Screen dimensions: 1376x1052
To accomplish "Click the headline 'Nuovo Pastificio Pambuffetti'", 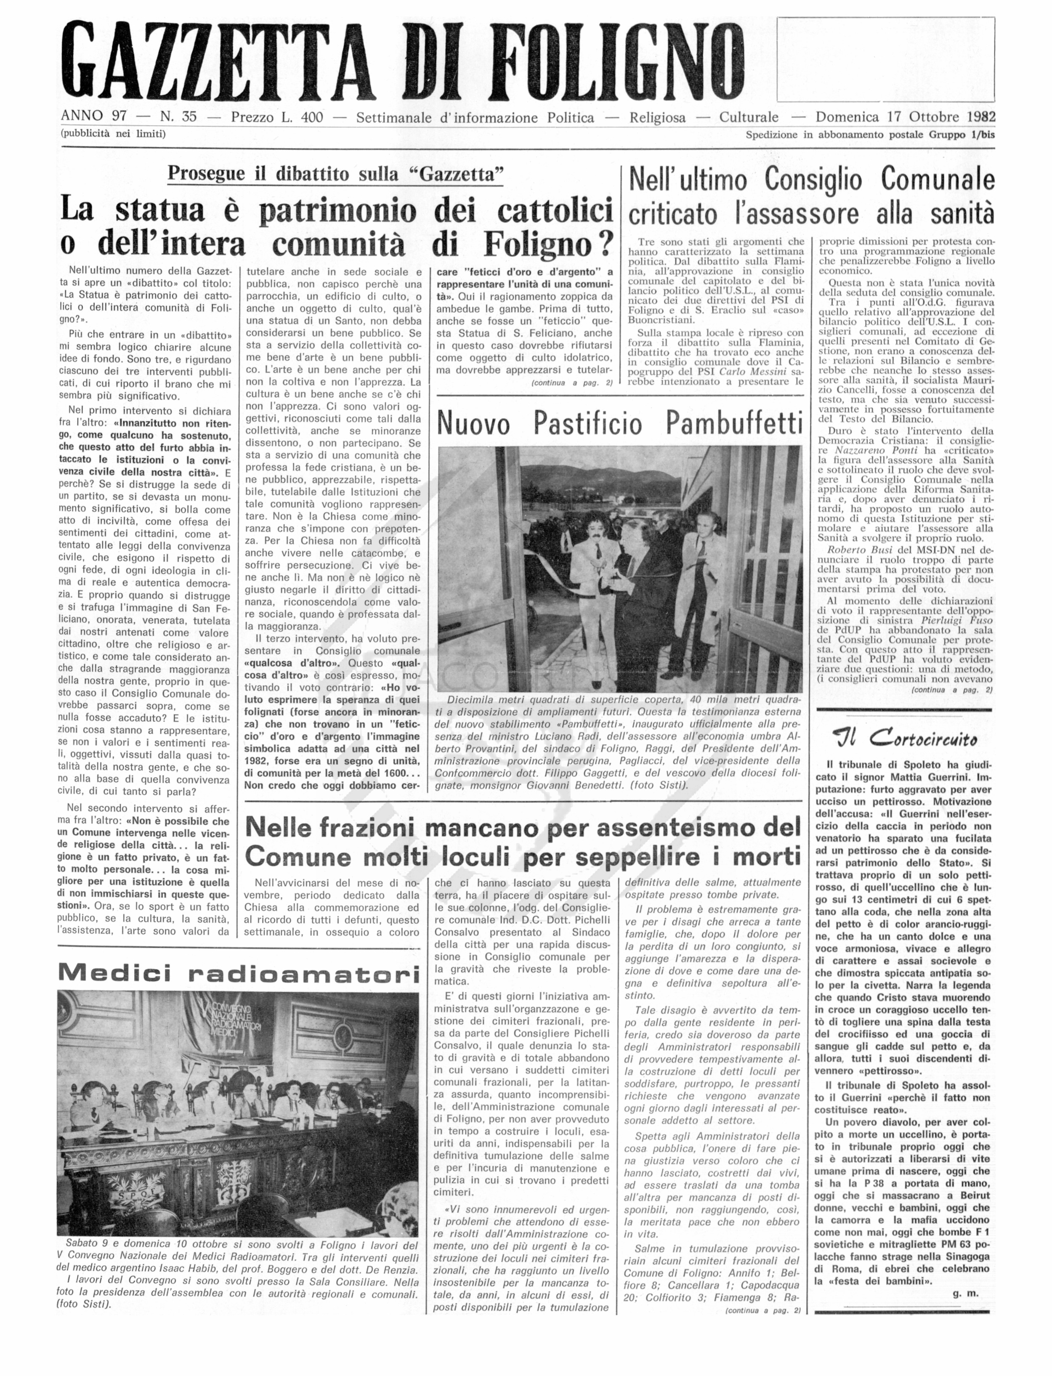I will click(619, 424).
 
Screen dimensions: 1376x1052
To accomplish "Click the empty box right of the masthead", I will click(885, 59).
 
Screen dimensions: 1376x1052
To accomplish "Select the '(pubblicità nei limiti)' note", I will click(113, 133).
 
